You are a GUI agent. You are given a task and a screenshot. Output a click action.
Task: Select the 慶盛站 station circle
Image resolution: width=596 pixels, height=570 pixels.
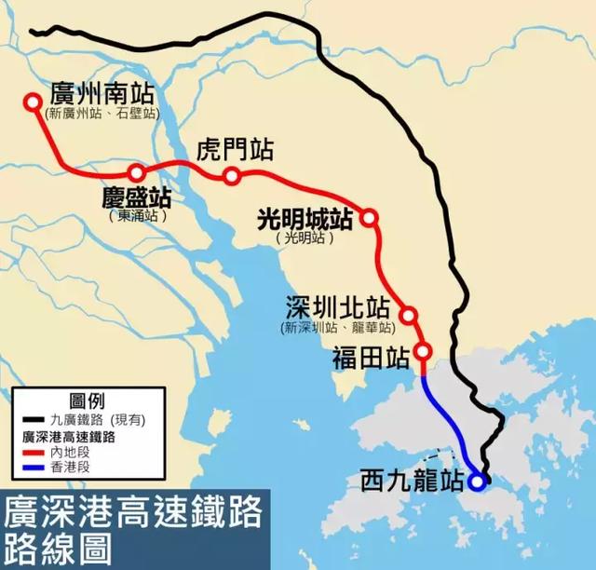137,172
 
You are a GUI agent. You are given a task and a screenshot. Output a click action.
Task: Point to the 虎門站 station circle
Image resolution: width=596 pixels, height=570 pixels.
232,177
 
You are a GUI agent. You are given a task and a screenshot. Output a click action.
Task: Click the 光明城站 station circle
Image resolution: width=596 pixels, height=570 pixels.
370,218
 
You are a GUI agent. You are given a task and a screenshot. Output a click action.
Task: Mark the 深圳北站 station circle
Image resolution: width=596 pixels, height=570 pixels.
408,315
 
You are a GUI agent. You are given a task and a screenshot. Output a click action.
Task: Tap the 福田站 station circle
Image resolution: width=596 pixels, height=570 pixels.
423,352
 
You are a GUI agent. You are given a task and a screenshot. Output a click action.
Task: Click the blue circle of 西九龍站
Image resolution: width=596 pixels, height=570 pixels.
477,482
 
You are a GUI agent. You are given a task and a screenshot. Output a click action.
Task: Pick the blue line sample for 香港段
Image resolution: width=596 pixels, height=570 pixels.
29,466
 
